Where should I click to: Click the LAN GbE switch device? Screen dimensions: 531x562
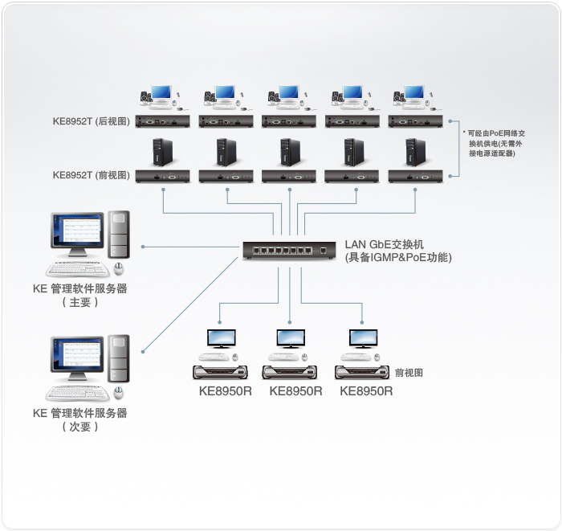coord(290,251)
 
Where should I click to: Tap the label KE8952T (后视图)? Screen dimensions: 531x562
coord(91,122)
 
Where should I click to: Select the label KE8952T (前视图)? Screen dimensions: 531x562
coord(91,174)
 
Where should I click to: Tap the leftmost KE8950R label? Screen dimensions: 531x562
coord(226,391)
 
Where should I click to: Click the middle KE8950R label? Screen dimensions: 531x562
coord(295,391)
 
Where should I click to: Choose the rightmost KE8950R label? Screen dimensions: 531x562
coord(366,391)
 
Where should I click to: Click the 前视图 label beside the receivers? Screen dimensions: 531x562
coord(409,372)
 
